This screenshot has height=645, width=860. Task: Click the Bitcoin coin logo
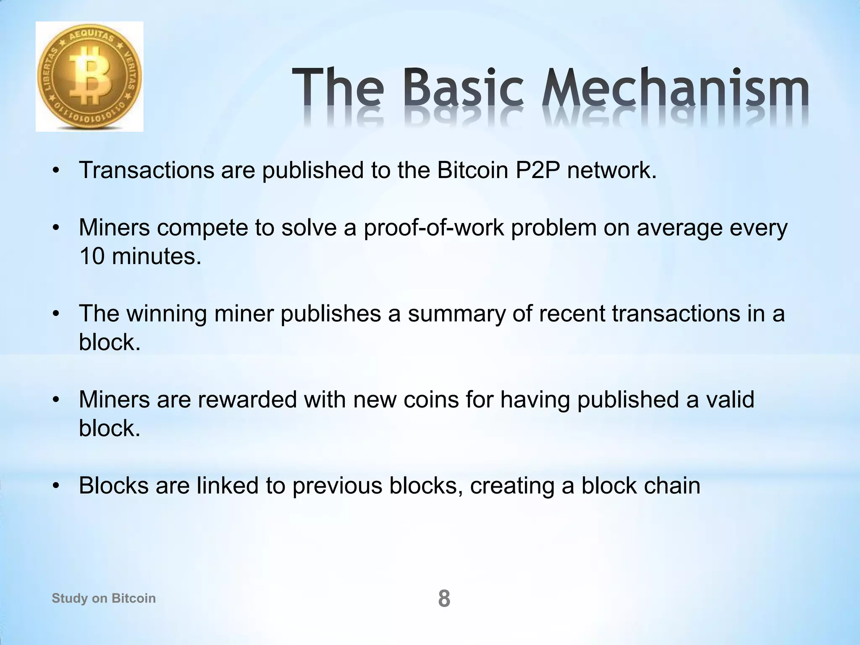coord(89,77)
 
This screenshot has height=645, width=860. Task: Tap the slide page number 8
coord(444,599)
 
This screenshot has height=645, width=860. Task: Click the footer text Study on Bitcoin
coord(104,598)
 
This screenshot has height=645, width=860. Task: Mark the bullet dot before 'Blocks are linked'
coord(56,486)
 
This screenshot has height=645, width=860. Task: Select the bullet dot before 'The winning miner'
coord(56,315)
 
